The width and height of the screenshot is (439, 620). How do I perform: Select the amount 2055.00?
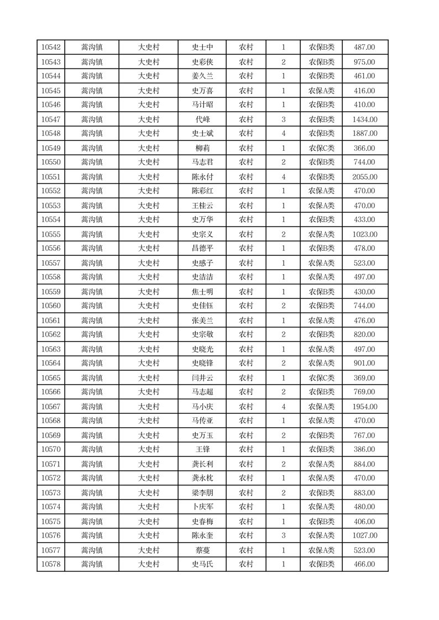[x=364, y=177]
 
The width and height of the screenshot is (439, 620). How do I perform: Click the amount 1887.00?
[x=364, y=134]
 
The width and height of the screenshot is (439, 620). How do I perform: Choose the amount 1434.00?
[x=364, y=119]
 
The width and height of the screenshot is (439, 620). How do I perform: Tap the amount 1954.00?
[x=364, y=407]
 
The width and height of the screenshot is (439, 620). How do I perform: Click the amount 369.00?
[x=364, y=378]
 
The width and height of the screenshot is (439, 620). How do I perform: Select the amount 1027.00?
[x=364, y=535]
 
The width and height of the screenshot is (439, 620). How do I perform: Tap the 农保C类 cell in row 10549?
[x=321, y=148]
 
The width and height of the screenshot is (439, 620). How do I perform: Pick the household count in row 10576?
[x=283, y=535]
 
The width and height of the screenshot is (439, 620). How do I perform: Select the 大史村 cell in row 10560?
[x=148, y=306]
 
